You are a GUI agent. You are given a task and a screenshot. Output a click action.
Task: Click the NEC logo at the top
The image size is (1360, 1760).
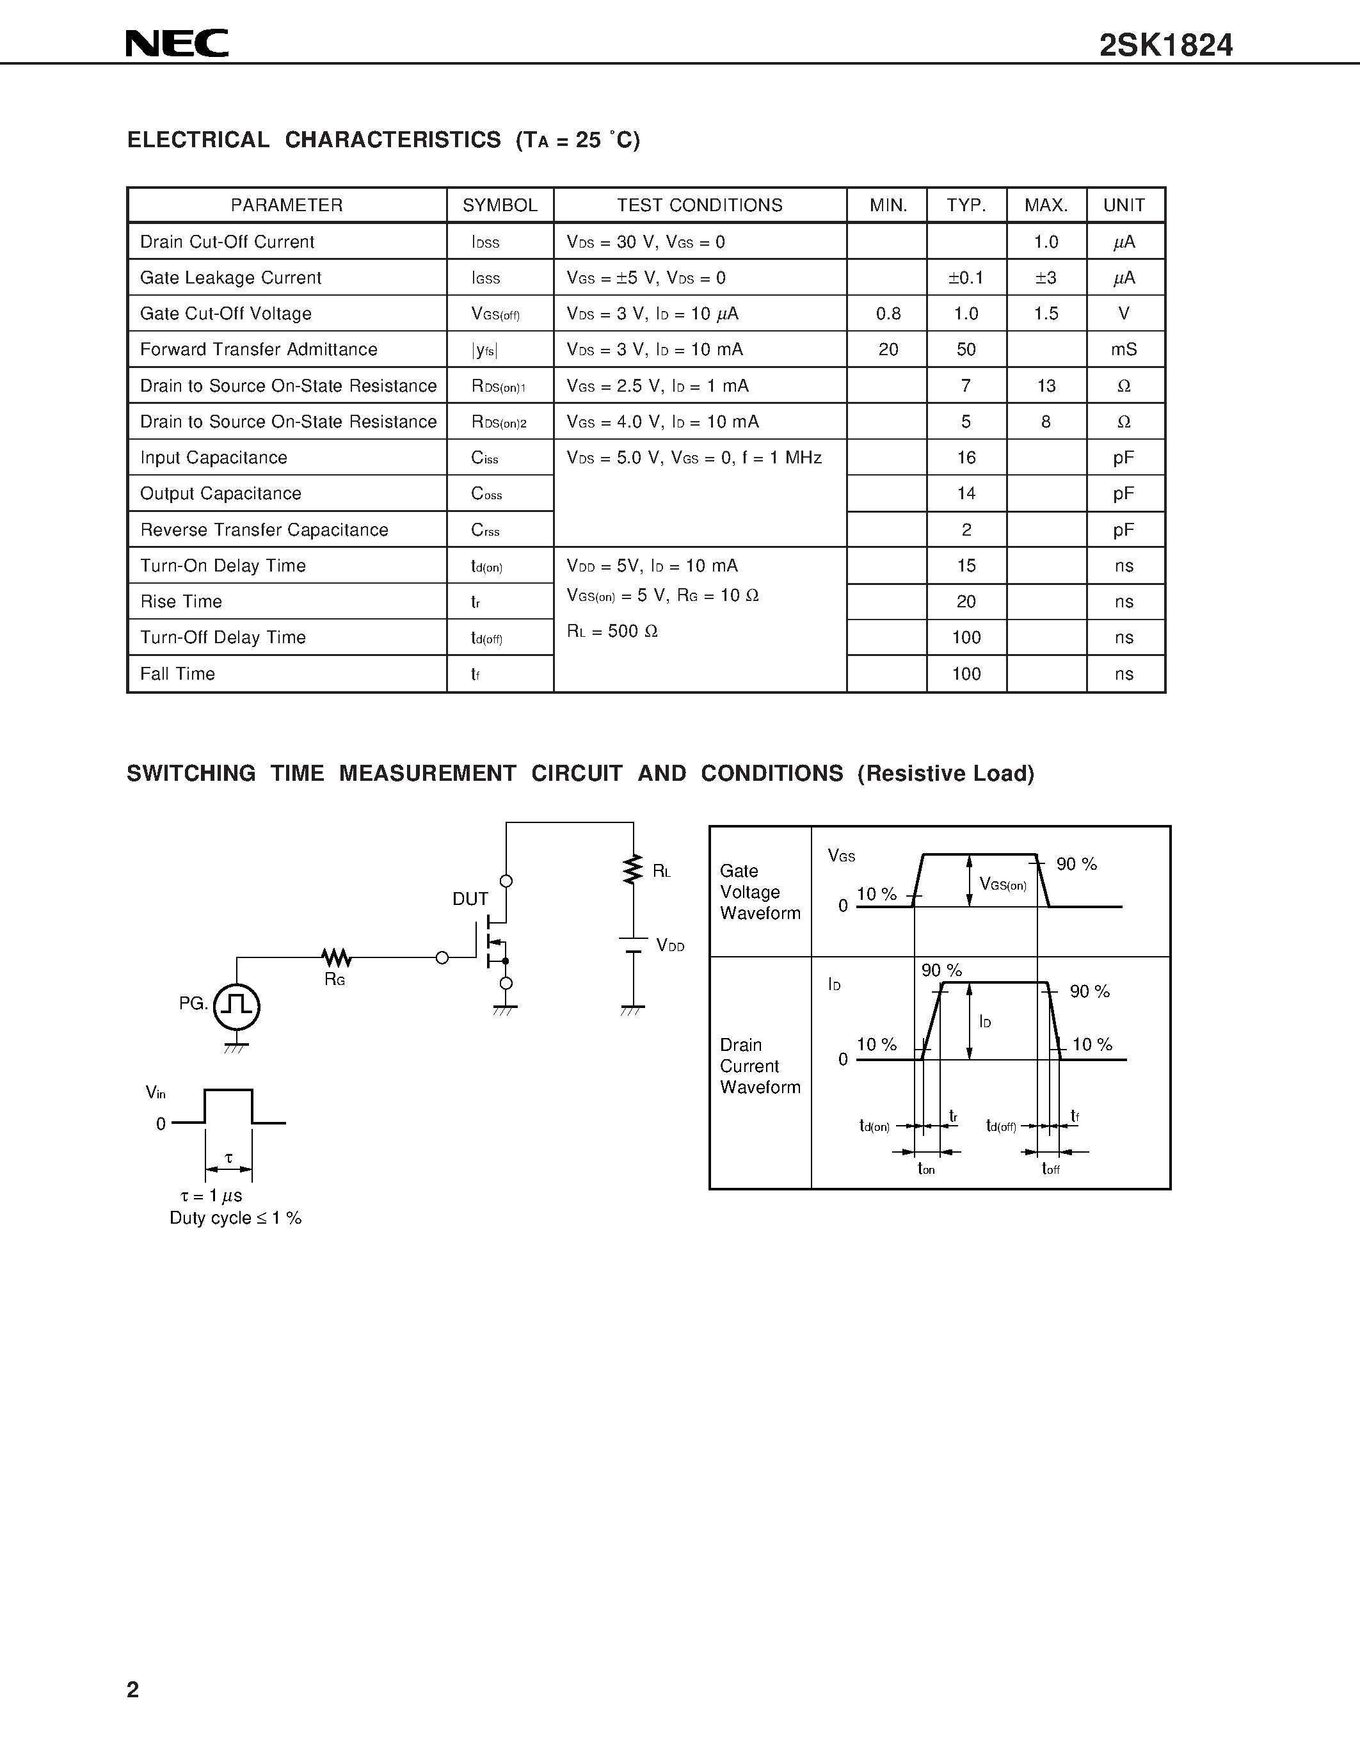pos(177,44)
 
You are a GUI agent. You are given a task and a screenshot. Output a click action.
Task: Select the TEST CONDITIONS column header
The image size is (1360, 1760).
pos(700,205)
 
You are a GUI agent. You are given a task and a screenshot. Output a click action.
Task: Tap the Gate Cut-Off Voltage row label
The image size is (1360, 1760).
pos(225,314)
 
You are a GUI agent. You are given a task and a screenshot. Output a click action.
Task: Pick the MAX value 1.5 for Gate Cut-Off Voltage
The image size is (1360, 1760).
pos(1046,314)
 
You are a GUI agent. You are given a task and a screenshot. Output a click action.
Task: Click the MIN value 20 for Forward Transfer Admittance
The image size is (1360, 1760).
pos(888,349)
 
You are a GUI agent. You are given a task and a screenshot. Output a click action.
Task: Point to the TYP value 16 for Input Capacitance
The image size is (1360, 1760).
pos(966,458)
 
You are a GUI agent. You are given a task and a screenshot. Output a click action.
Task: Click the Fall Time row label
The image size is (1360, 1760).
pos(177,674)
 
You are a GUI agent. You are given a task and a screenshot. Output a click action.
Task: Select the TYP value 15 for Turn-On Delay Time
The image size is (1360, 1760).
pos(966,566)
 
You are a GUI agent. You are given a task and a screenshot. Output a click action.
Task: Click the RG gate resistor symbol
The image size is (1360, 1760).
pos(336,958)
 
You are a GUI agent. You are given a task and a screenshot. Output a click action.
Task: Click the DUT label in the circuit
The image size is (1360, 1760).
pos(470,899)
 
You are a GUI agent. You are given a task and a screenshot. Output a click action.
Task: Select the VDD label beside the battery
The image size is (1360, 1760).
pos(669,946)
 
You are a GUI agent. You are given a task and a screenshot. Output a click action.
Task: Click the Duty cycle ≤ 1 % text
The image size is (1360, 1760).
pos(236,1219)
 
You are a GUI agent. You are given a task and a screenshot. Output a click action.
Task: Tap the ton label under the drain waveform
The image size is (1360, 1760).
pos(927,1169)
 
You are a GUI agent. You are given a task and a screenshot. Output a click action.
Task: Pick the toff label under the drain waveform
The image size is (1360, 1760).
pos(1051,1169)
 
